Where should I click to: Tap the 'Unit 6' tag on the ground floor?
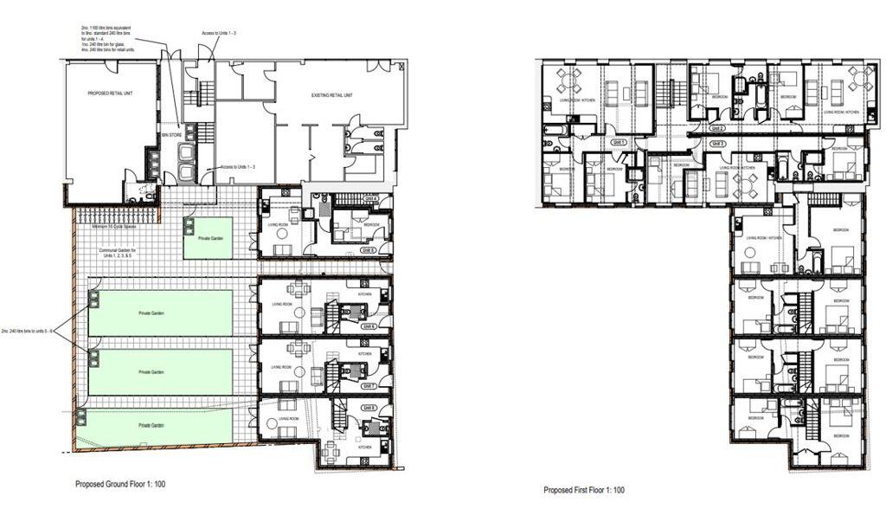coord(369,326)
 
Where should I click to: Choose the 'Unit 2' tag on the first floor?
coord(716,129)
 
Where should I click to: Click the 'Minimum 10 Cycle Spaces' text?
coord(118,227)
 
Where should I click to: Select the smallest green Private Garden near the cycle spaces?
coord(207,238)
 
